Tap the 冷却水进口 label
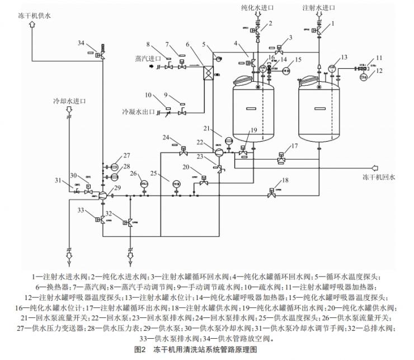click(70, 101)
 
